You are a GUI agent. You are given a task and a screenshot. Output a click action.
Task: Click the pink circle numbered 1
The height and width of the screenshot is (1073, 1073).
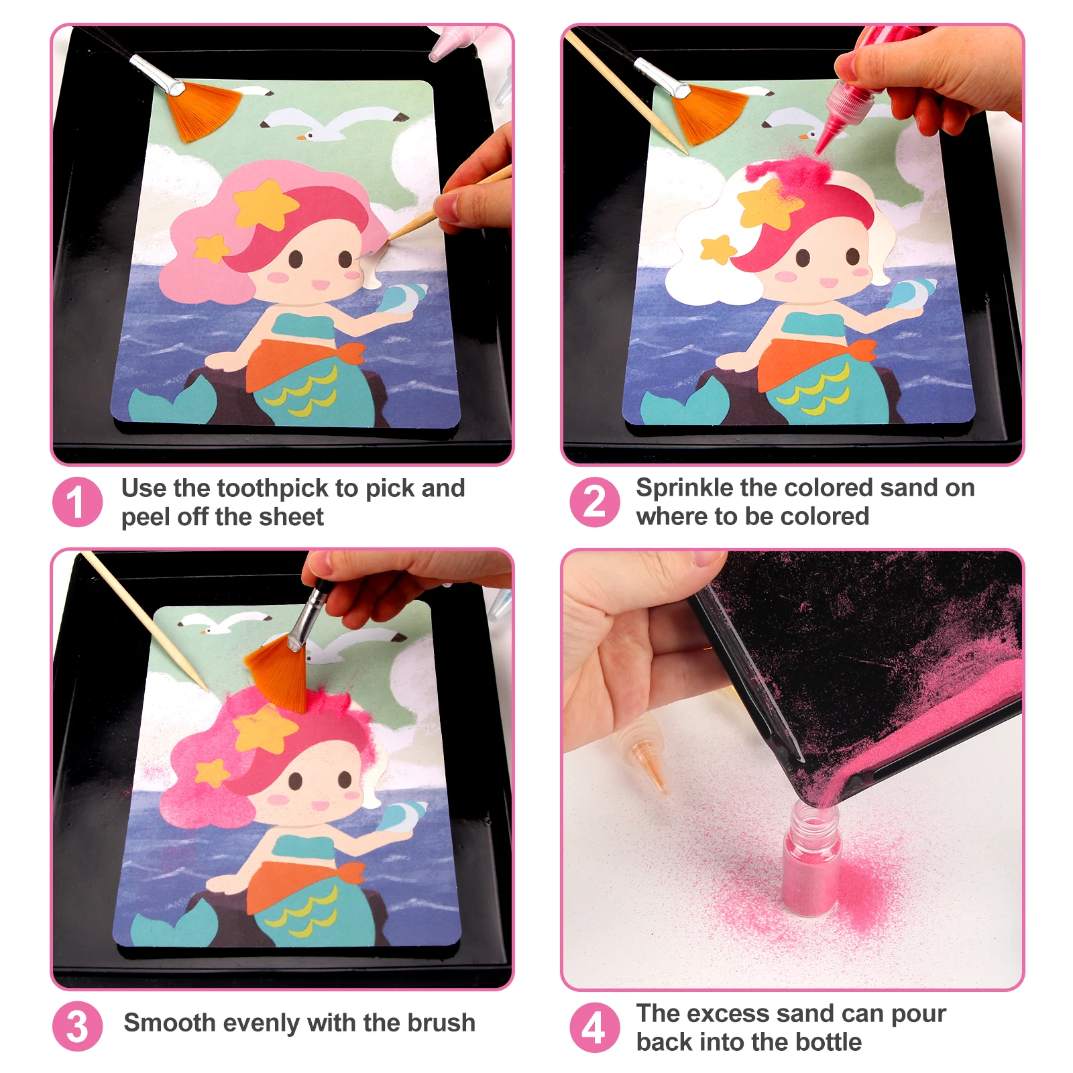(77, 502)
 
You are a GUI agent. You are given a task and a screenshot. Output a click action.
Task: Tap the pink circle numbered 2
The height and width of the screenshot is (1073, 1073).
(594, 502)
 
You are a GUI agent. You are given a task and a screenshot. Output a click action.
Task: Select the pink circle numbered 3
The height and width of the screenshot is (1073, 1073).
(77, 1026)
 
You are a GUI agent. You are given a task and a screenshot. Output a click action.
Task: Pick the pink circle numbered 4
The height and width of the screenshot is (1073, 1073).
(594, 1027)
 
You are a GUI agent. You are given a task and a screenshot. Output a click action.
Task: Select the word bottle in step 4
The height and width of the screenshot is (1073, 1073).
(829, 1042)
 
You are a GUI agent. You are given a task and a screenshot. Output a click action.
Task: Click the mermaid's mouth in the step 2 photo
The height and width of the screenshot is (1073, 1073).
(830, 282)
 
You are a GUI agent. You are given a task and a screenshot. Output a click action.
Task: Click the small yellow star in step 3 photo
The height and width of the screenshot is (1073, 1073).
(212, 771)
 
